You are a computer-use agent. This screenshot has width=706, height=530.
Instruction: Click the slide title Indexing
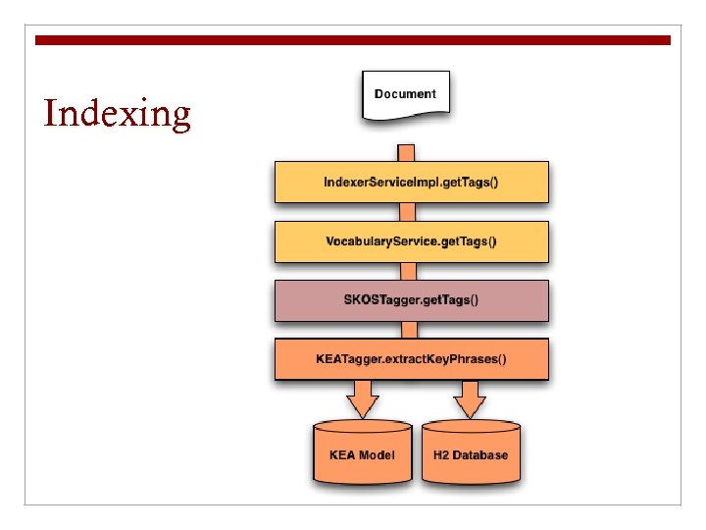(x=118, y=114)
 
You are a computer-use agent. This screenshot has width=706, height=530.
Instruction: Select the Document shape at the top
(x=405, y=95)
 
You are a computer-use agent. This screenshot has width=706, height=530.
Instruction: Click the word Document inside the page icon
(x=405, y=93)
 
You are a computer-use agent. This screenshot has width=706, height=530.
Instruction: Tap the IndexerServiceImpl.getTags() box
(x=411, y=183)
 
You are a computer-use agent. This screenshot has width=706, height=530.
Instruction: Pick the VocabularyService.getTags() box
(x=411, y=241)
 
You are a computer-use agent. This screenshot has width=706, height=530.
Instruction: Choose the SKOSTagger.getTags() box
(x=411, y=300)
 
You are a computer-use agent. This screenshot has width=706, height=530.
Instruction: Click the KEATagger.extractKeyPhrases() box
(x=411, y=358)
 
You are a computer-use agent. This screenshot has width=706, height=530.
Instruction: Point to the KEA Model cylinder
(x=363, y=453)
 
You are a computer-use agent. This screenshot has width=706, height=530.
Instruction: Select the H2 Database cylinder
(x=471, y=453)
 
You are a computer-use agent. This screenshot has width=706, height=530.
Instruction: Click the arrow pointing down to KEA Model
(x=363, y=398)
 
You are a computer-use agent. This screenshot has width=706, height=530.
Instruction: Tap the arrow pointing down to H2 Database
(x=471, y=398)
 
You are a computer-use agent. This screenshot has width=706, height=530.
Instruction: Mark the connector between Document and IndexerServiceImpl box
(x=405, y=152)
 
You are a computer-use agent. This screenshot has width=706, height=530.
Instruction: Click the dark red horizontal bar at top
(x=353, y=40)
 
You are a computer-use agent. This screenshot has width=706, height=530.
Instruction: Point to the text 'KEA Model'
(x=363, y=454)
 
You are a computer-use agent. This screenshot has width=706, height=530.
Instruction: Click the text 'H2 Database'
(x=471, y=454)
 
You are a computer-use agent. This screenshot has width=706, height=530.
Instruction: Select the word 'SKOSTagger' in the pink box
(x=383, y=300)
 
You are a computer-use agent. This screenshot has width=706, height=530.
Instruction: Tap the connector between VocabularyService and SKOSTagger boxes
(x=405, y=271)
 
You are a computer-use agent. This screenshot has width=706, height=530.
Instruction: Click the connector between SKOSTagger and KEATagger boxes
(x=405, y=330)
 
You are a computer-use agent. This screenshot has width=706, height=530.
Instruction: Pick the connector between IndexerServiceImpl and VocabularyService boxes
(x=405, y=212)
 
